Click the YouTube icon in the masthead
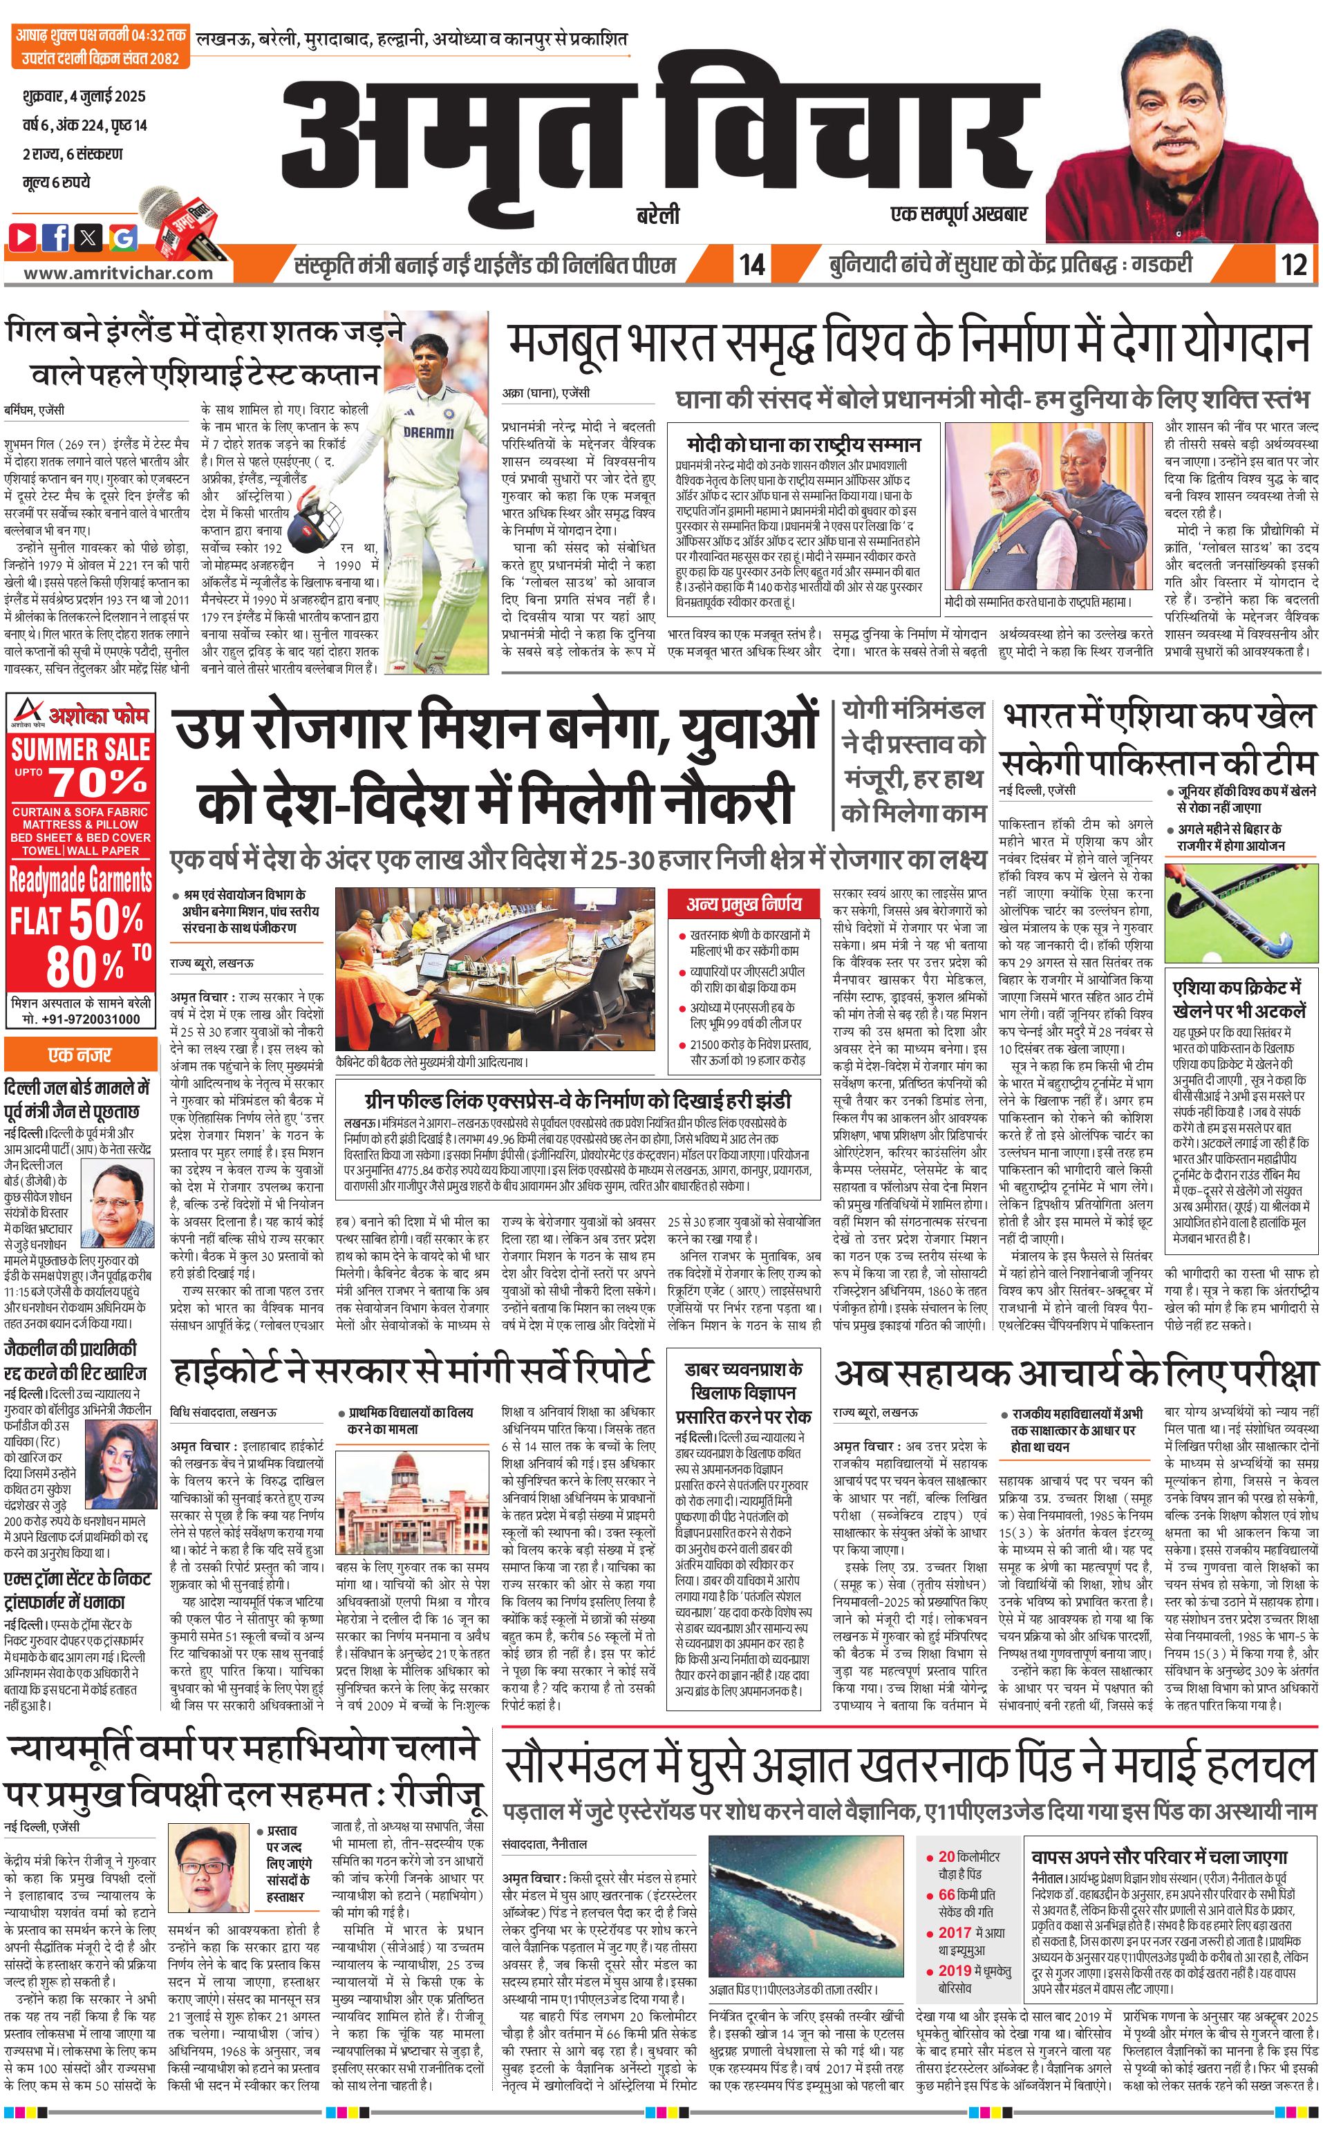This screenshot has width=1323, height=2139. coord(23,236)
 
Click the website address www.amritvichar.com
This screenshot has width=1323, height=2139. coord(118,272)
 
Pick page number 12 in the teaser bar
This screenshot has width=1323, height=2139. coord(1293,264)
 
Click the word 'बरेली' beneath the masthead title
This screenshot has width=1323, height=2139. coord(658,214)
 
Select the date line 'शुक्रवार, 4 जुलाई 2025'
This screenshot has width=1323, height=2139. coord(84,96)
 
